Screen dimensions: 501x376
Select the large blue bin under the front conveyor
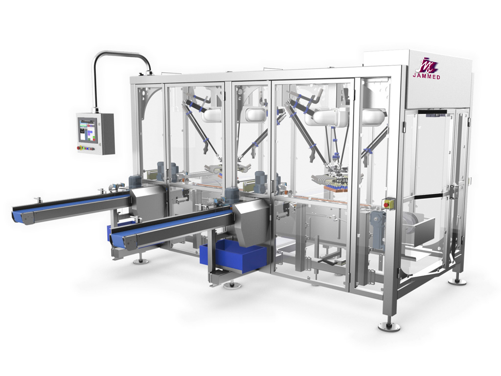tap(233, 256)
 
